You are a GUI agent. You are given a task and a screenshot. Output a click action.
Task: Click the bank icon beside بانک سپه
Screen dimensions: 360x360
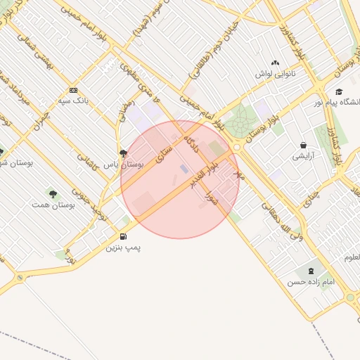[73, 90]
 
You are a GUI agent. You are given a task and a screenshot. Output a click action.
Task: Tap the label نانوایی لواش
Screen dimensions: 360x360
[275, 73]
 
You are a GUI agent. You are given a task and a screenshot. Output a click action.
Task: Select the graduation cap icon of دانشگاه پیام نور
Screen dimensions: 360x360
[339, 91]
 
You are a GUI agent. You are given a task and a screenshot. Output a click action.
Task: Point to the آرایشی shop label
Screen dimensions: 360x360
[303, 156]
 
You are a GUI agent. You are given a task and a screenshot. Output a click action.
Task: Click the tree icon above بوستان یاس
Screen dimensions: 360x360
[124, 153]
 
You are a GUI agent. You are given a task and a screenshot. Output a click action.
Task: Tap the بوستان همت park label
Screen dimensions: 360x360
[53, 205]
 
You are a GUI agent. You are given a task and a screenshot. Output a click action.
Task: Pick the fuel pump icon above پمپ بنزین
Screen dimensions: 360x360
[124, 236]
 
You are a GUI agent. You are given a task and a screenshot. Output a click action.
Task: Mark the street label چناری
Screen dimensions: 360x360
[310, 201]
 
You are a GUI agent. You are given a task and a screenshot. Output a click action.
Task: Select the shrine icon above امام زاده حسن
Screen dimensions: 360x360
[310, 271]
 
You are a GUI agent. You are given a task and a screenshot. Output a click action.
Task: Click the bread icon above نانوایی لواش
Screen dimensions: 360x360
[275, 63]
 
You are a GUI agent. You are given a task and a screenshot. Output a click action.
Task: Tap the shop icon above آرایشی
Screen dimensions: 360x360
[303, 145]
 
